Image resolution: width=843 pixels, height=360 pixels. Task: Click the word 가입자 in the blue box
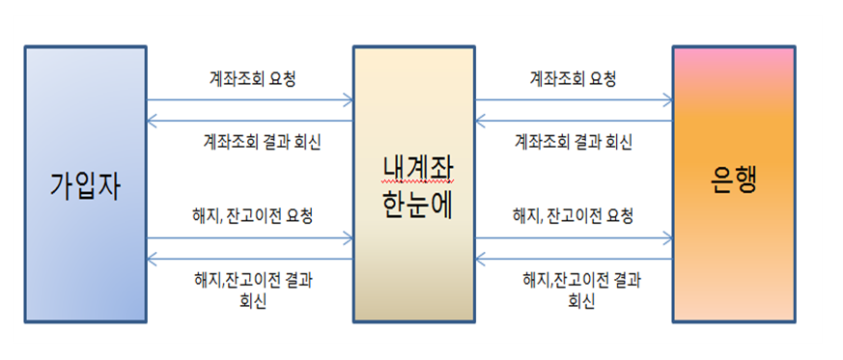85,184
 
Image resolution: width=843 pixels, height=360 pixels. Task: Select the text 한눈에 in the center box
412,202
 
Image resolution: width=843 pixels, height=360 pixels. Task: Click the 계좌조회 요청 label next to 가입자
251,78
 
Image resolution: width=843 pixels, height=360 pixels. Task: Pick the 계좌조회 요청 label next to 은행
574,78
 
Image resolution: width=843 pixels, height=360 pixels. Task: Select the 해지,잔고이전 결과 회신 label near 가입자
252,290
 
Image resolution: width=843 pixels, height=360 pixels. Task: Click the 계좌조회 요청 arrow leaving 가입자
249,98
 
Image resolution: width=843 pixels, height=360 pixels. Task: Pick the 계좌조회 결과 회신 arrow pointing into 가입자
249,121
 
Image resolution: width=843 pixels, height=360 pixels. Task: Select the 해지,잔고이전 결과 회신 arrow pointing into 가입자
249,258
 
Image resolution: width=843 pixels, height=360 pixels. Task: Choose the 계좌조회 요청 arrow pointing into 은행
574,98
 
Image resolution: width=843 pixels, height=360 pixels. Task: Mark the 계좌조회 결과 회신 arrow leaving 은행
574,121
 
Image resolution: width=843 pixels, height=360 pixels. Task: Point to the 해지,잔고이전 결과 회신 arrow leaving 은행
574,258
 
